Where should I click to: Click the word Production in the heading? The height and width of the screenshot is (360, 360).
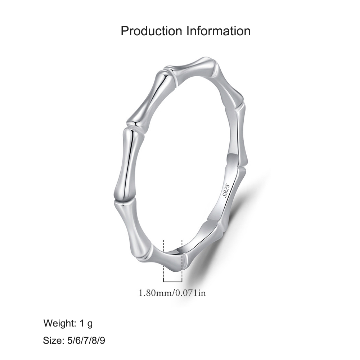(x=151, y=31)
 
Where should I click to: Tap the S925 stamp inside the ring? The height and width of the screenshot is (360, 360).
(x=226, y=191)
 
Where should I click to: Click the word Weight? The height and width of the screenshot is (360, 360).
(x=60, y=323)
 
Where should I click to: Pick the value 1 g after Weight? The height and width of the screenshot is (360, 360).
(x=86, y=324)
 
